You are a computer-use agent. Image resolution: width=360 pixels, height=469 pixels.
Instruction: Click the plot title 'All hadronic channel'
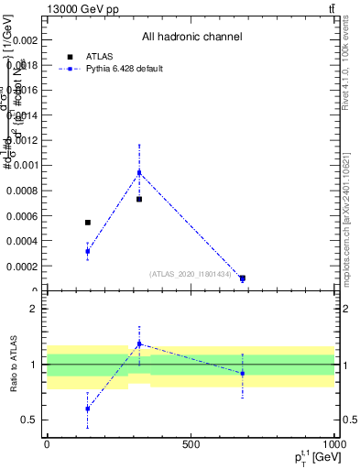coord(191,38)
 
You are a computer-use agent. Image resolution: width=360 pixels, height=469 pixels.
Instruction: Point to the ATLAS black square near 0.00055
coord(88,223)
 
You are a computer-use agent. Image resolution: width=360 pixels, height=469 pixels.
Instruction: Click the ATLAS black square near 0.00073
coord(139,199)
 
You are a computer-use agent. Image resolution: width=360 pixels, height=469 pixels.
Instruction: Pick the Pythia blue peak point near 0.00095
coord(139,172)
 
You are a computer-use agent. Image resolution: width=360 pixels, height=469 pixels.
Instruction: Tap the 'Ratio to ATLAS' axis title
coord(13,365)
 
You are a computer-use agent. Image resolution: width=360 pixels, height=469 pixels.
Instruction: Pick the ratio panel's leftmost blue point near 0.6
coord(88,409)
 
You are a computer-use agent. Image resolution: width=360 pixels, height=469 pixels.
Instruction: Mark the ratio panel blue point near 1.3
coord(139,344)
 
